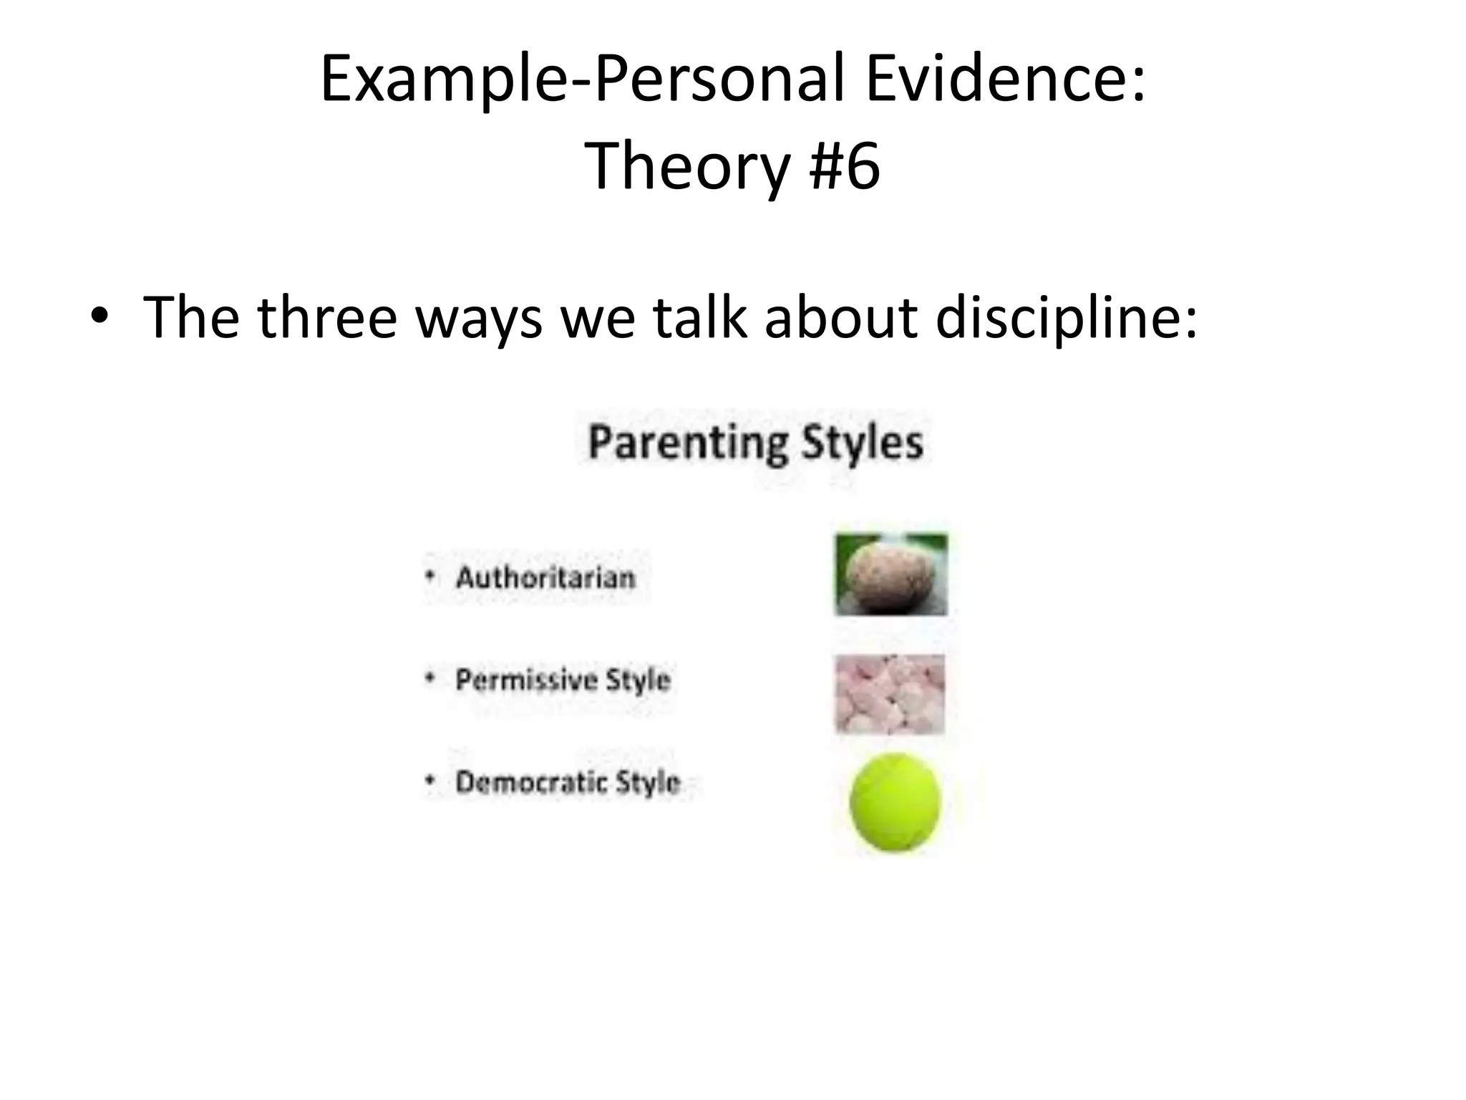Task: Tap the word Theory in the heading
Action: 686,166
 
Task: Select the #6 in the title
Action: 844,166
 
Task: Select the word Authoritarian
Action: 545,577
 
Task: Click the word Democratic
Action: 528,782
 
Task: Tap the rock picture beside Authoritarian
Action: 891,575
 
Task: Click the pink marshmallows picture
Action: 890,694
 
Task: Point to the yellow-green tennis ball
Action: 895,802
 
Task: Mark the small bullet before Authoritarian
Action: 429,576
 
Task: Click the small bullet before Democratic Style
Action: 429,781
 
